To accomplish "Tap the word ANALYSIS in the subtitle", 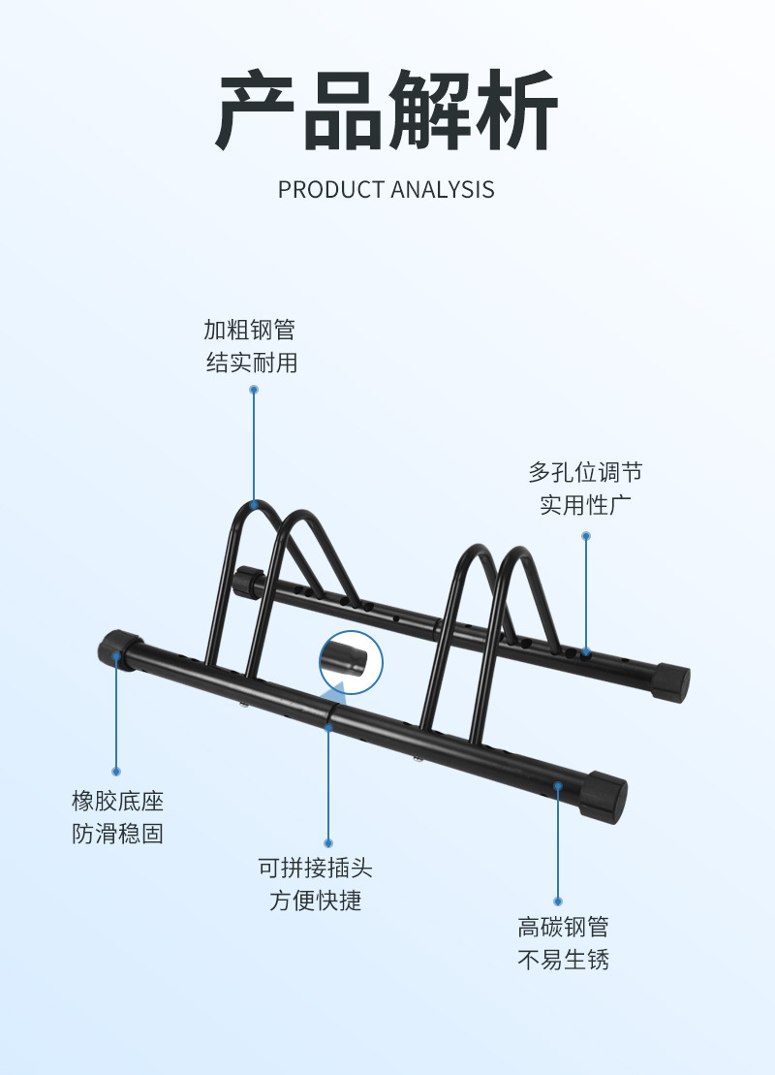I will [443, 189].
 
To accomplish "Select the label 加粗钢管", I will [249, 330].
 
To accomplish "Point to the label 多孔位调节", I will [585, 473].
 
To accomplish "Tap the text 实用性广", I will [585, 506].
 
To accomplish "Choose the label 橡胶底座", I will [117, 802].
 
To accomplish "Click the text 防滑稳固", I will [117, 834].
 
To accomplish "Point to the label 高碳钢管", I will [563, 928].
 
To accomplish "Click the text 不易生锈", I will [563, 961].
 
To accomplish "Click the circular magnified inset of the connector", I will [351, 662].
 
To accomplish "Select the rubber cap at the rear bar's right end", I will [671, 681].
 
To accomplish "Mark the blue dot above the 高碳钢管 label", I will [558, 901].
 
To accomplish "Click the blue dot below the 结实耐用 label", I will [254, 390].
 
